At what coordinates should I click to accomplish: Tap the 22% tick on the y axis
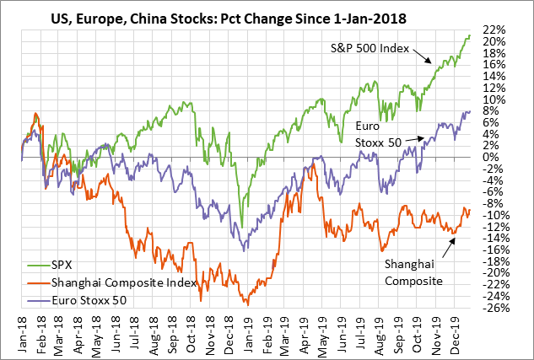click(495, 30)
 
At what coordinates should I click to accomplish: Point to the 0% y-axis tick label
click(493, 157)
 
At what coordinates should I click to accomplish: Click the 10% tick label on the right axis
click(495, 99)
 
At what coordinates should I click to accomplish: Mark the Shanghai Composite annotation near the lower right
click(414, 271)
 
